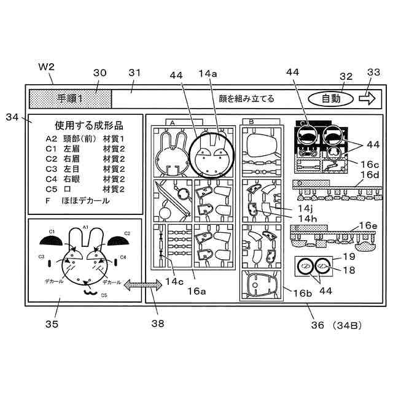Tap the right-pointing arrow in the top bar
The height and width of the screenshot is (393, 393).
point(368,98)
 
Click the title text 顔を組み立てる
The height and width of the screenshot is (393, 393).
point(246,98)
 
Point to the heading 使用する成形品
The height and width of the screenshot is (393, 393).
point(85,125)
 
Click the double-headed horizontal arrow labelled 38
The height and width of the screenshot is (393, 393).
point(138,284)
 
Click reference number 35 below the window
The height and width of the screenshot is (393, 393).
point(51,323)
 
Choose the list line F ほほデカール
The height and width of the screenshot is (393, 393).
point(86,200)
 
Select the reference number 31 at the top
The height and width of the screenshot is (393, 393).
point(135,72)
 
